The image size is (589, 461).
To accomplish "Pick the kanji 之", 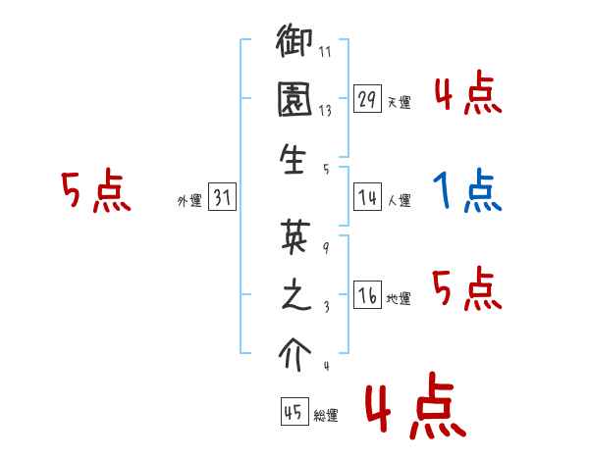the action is click(x=294, y=295).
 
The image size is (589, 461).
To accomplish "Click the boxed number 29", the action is click(x=367, y=99).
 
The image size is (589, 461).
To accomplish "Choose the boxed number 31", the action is click(x=222, y=199).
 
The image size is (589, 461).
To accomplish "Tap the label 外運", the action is click(x=189, y=202).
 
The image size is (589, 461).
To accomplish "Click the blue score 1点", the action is click(x=467, y=191).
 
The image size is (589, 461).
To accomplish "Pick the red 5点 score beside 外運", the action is click(x=94, y=191).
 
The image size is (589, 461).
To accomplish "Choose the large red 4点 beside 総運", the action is click(x=413, y=410).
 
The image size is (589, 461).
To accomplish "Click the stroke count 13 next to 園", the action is click(x=325, y=111).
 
